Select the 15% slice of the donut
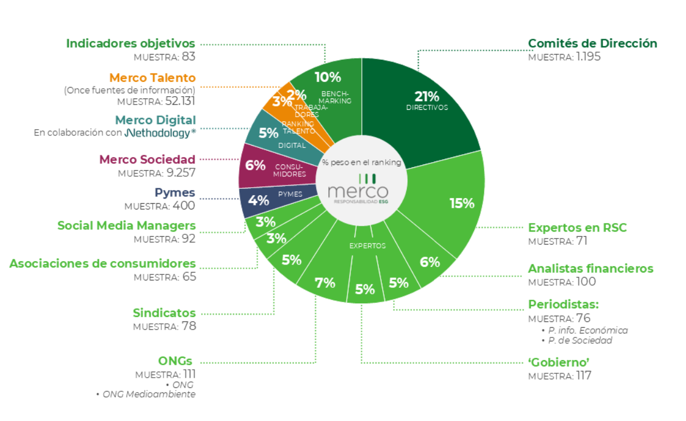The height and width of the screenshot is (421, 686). click(x=456, y=202)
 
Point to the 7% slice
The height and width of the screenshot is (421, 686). click(x=325, y=282)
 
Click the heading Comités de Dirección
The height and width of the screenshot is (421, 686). click(x=593, y=43)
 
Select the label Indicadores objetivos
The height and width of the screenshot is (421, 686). click(x=130, y=43)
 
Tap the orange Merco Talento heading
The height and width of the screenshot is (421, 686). click(x=152, y=77)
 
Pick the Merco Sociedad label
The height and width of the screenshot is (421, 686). click(x=147, y=159)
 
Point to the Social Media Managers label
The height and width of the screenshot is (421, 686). click(x=126, y=225)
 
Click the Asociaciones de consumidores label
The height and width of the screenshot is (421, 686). click(x=103, y=263)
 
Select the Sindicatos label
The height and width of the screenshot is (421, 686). click(x=164, y=312)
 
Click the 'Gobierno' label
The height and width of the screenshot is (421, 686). click(x=558, y=362)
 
